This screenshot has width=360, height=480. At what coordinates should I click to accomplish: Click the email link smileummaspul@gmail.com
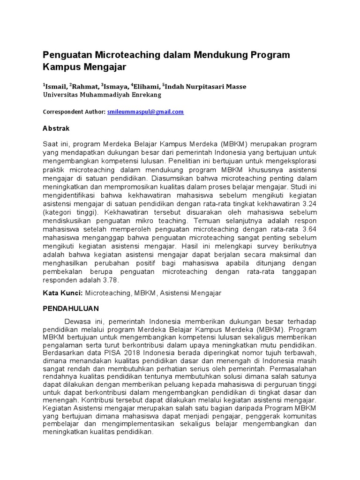click(145, 112)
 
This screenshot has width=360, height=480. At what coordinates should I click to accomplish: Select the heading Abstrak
click(56, 128)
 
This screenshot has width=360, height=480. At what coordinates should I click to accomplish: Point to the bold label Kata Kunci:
click(63, 293)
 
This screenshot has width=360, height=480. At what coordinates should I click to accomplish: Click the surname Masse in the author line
click(236, 86)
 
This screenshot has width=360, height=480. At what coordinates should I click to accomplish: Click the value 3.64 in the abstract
click(307, 229)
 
